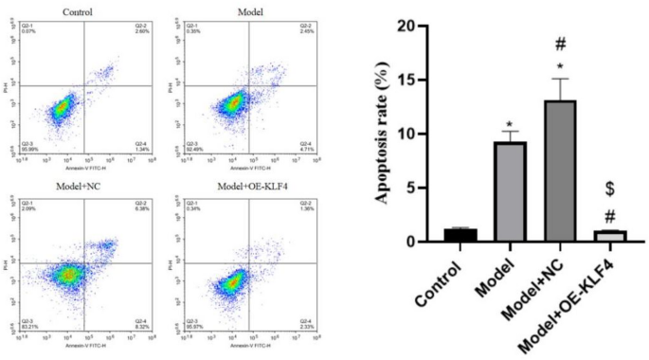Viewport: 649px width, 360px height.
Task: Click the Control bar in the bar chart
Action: click(x=460, y=235)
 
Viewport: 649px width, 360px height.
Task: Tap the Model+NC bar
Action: click(x=560, y=171)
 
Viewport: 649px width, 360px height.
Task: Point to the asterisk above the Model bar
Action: click(x=510, y=126)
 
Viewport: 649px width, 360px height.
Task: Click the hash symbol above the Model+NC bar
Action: click(x=560, y=45)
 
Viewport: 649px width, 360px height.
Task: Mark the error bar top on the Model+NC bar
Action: click(x=560, y=80)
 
